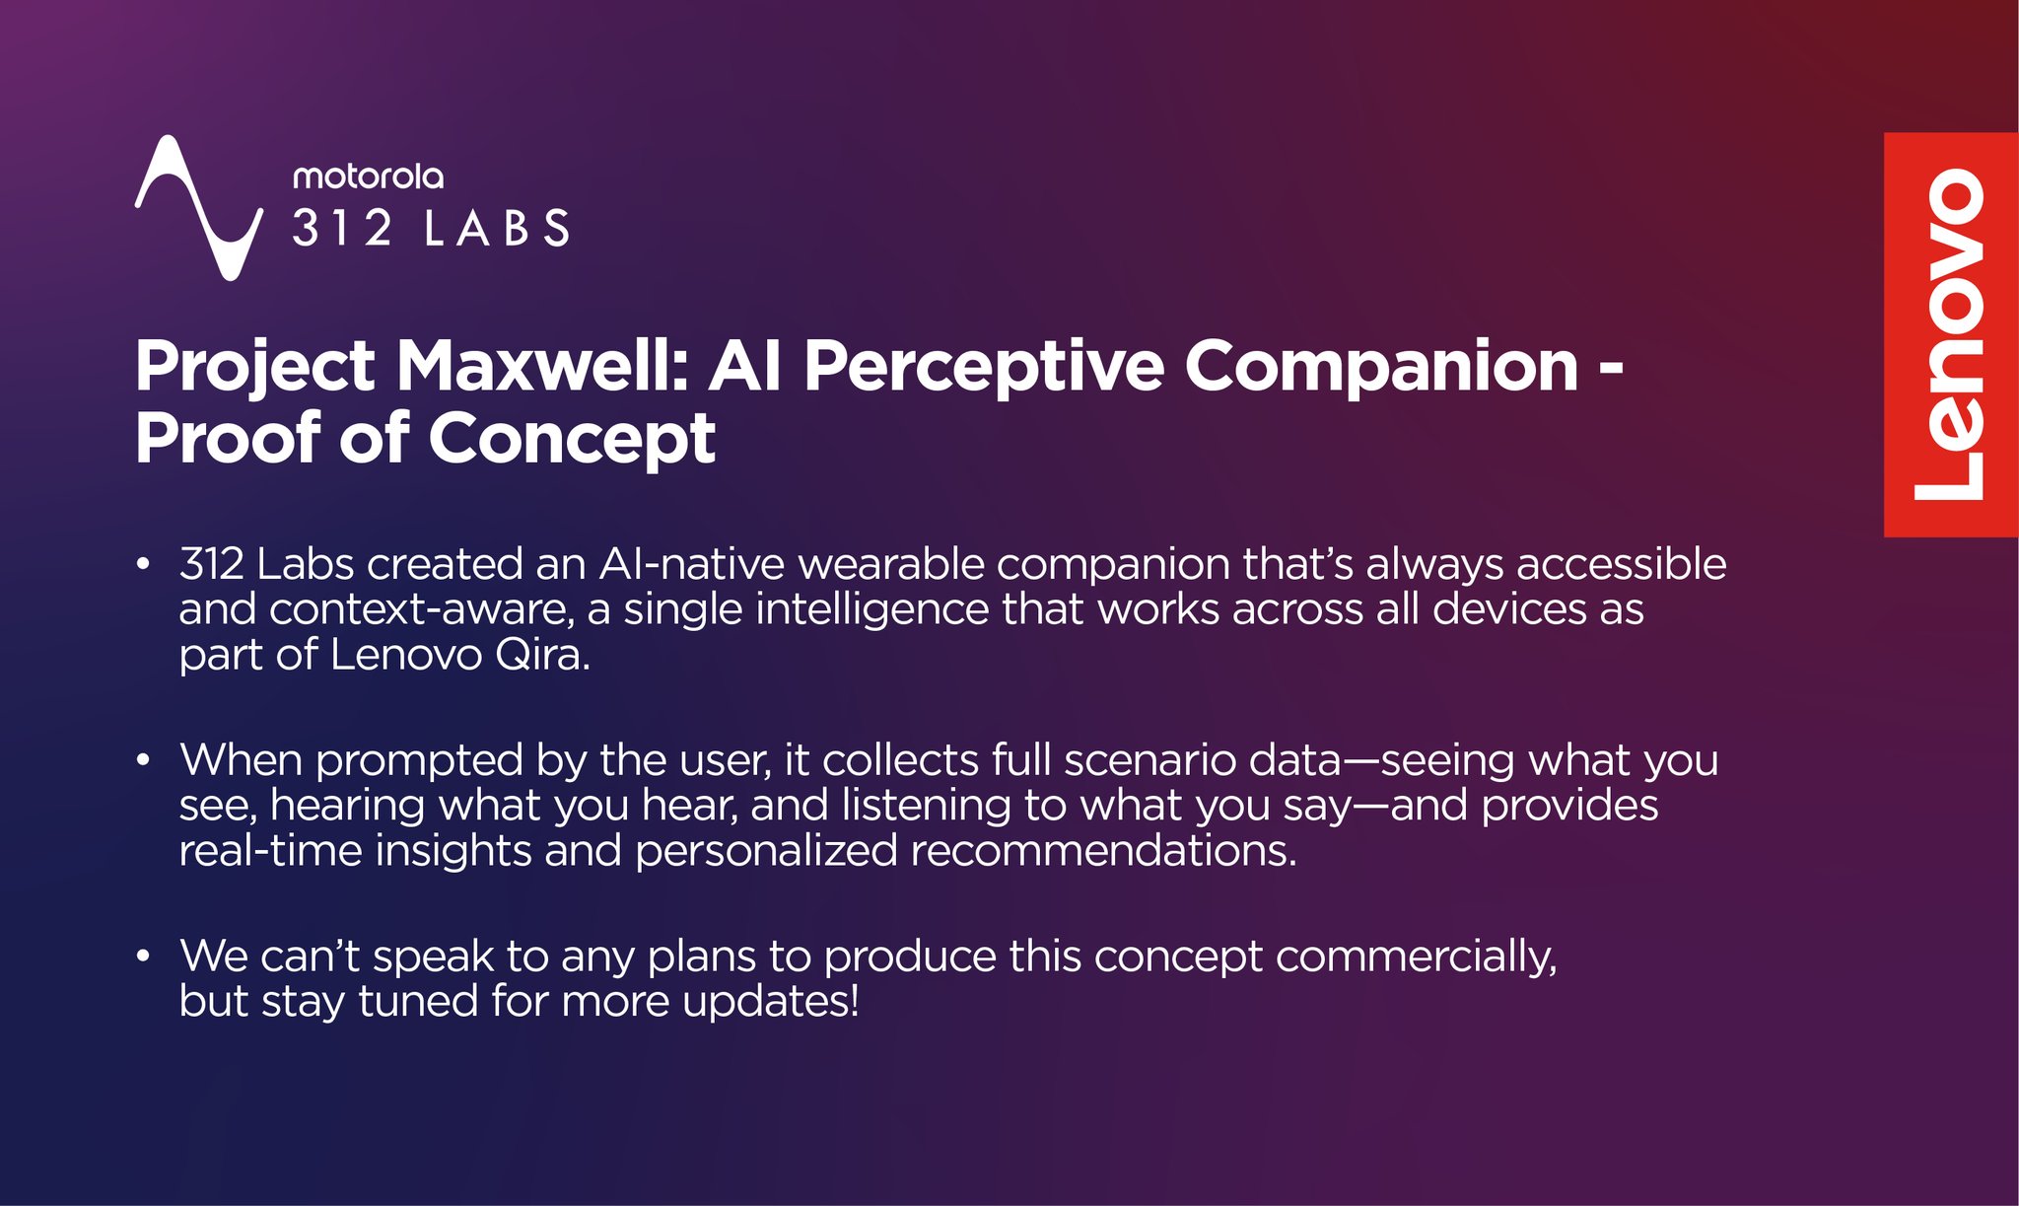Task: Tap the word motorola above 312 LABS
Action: coord(368,177)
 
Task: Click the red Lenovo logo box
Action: coord(1950,334)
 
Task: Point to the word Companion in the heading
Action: coord(1381,367)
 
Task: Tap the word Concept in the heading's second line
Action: coord(572,439)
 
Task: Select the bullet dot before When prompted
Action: coord(144,760)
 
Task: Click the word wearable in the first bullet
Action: coord(890,565)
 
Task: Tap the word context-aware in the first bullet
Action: coord(421,609)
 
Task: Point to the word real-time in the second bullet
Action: coord(270,851)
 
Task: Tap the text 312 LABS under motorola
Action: coord(431,229)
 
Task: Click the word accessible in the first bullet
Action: coord(1621,565)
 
